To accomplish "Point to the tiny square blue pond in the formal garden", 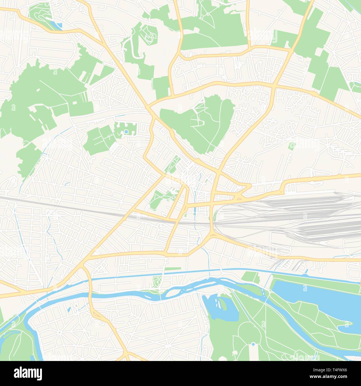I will tap(127, 131).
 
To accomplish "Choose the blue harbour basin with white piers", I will tap(219, 305).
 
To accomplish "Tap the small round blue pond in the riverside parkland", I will tap(253, 344).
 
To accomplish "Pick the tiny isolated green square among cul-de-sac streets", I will tap(292, 145).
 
